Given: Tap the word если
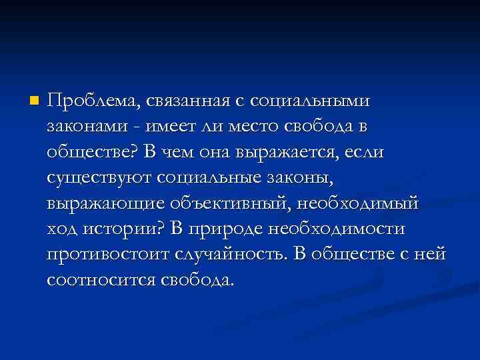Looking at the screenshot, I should coord(365,151).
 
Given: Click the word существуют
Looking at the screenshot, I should coord(101,178).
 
